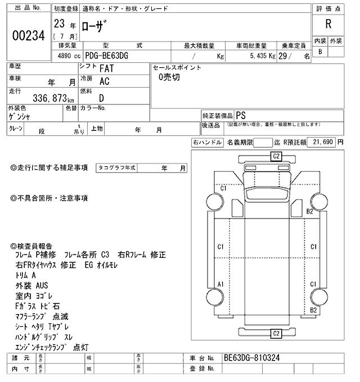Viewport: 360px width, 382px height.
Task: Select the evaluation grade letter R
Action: click(328, 24)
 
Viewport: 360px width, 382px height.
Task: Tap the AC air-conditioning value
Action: click(104, 81)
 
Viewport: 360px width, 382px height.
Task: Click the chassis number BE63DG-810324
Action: click(251, 357)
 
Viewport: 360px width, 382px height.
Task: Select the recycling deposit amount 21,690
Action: click(324, 143)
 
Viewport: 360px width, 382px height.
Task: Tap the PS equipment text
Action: click(241, 114)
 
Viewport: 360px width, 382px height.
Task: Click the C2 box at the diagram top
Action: click(276, 156)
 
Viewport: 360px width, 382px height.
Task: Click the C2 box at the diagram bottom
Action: click(276, 334)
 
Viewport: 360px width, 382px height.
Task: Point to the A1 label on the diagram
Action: click(222, 284)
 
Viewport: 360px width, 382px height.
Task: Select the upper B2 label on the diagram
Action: click(309, 211)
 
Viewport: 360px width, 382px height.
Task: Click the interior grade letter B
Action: click(321, 52)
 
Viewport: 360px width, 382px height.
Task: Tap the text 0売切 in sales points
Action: click(169, 78)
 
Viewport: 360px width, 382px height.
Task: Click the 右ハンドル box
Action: click(207, 143)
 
